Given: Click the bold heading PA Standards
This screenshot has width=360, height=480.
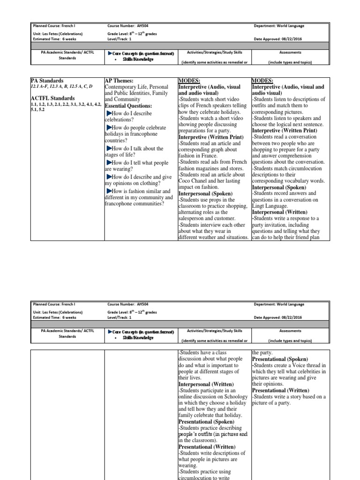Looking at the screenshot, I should click(47, 81).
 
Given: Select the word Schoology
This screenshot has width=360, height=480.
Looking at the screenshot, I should click(235, 397).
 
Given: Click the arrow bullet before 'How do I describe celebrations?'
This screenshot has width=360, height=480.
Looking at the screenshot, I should click(109, 113).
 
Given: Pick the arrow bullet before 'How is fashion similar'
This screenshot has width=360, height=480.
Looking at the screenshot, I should click(109, 191).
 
